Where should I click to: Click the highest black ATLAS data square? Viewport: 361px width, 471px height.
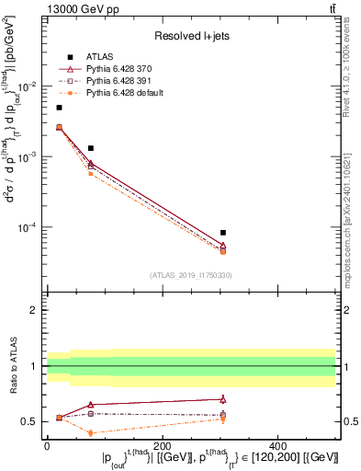(x=59, y=108)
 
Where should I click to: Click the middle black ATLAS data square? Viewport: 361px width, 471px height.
(x=90, y=148)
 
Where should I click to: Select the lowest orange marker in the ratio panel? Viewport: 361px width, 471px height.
(x=90, y=432)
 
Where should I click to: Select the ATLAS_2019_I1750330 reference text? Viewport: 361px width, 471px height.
(x=191, y=275)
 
